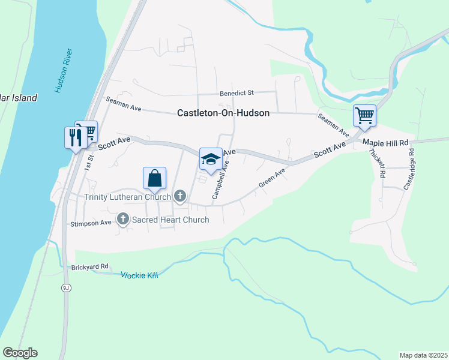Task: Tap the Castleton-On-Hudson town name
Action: pyautogui.click(x=223, y=112)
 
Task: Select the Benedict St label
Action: pyautogui.click(x=237, y=93)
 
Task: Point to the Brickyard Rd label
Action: pyautogui.click(x=89, y=267)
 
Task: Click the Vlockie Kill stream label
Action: pyautogui.click(x=139, y=275)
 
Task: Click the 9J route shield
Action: pyautogui.click(x=65, y=288)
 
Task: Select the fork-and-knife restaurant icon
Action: pyautogui.click(x=75, y=137)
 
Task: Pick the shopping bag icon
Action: pyautogui.click(x=154, y=178)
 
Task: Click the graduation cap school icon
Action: pyautogui.click(x=210, y=159)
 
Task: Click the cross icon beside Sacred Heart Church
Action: pyautogui.click(x=123, y=219)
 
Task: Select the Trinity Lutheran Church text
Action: pyautogui.click(x=127, y=196)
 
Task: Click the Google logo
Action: pyautogui.click(x=20, y=353)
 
